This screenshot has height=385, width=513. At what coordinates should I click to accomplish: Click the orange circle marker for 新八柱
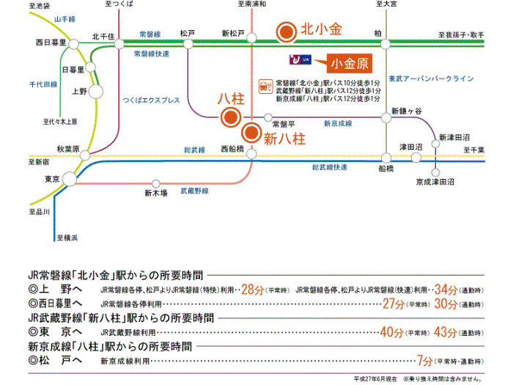[x=251, y=133]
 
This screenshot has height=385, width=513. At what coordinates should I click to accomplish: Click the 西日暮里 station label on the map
[x=50, y=43]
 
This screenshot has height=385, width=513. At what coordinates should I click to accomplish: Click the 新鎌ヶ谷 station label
[x=407, y=111]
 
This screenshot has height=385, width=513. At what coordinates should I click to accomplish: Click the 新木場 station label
[x=156, y=194]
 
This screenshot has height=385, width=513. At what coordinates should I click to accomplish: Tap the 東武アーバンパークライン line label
[x=431, y=78]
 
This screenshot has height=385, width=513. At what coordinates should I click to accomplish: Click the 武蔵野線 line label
[x=194, y=191]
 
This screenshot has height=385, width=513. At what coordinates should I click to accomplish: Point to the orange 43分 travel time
[x=446, y=332]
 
